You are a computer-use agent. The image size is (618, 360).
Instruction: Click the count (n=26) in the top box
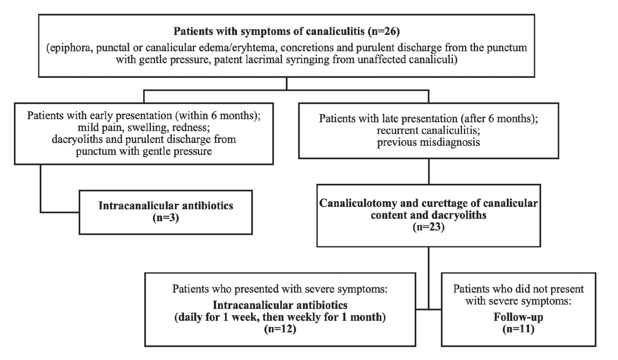coord(384,31)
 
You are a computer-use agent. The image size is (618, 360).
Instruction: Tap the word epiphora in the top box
coord(70,48)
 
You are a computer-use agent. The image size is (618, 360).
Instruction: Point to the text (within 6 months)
coord(218,115)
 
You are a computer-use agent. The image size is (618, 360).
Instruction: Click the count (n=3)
coord(166,218)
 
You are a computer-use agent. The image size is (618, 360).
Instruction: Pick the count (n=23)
coord(428,227)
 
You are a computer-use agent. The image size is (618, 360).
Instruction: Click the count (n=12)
coord(280,329)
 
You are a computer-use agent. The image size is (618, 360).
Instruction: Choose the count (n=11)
coord(519,329)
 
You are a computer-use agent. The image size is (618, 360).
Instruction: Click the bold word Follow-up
coord(519,317)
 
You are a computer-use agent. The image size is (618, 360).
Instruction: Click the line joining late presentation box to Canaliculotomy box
coord(429,171)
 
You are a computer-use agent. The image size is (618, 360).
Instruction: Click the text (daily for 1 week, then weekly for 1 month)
coord(280,317)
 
